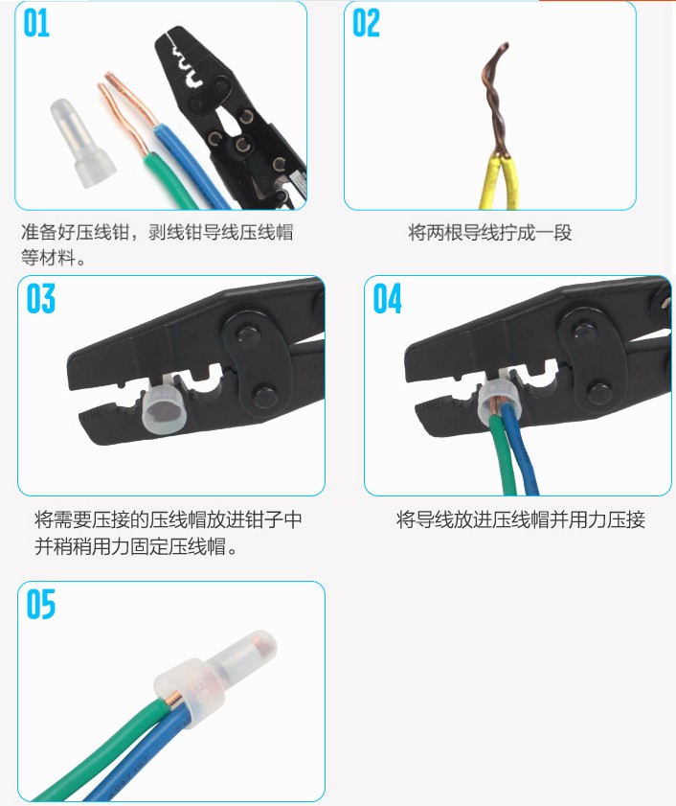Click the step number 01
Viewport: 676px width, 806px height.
[x=36, y=24]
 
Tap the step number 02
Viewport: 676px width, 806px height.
[x=366, y=24]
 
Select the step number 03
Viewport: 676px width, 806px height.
[x=40, y=298]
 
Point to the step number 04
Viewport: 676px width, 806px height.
[x=387, y=298]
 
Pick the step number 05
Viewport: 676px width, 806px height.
[x=40, y=605]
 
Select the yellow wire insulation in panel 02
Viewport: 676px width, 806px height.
[x=498, y=181]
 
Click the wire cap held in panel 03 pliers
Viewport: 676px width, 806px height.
[x=161, y=407]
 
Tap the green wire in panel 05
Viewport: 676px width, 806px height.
[x=102, y=748]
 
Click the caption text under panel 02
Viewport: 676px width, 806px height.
[x=490, y=233]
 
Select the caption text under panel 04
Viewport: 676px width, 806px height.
[x=521, y=519]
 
